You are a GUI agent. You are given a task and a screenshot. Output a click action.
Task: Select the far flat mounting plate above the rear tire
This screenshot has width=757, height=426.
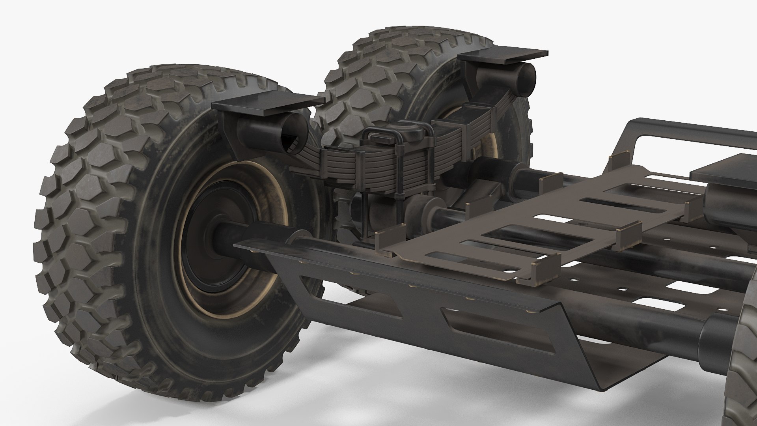(503, 56)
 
